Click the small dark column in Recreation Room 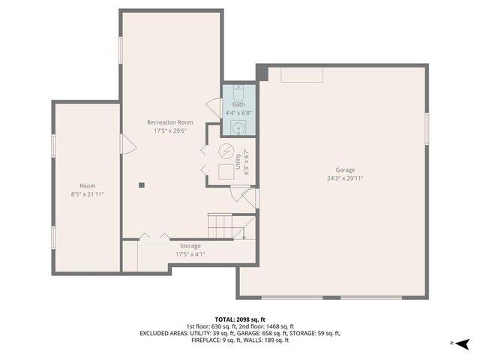click(x=140, y=184)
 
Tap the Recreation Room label click(x=169, y=122)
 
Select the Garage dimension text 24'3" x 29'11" click(x=345, y=178)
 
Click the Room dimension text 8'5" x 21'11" click(x=88, y=193)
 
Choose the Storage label click(x=190, y=246)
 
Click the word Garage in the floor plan click(x=345, y=170)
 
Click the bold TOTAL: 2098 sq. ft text click(x=239, y=318)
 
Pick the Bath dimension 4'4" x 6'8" click(x=238, y=112)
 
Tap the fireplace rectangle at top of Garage click(x=302, y=74)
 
